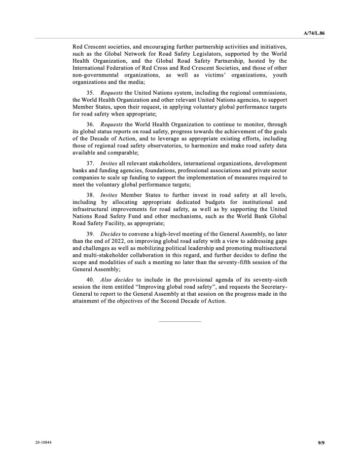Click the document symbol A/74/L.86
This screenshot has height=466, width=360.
(315, 33)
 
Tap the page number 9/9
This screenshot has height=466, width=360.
(321, 443)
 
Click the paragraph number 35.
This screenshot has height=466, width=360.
(90, 93)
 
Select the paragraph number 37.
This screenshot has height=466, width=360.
(90, 163)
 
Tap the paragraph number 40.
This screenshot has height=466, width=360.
(90, 279)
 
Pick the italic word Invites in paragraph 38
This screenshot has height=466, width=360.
(109, 194)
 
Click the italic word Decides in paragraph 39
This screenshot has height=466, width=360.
(112, 233)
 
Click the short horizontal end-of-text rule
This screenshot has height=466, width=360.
(180, 322)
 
